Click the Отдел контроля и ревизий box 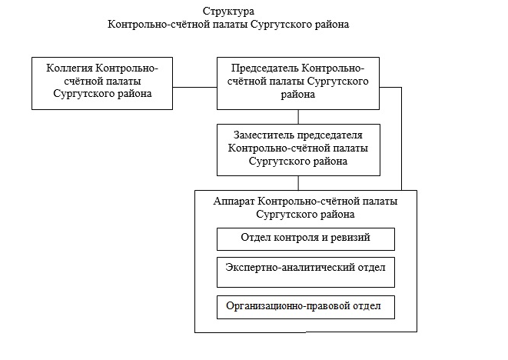tap(305, 238)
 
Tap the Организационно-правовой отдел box tap(305, 307)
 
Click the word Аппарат tap(234, 201)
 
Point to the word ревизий tap(351, 238)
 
